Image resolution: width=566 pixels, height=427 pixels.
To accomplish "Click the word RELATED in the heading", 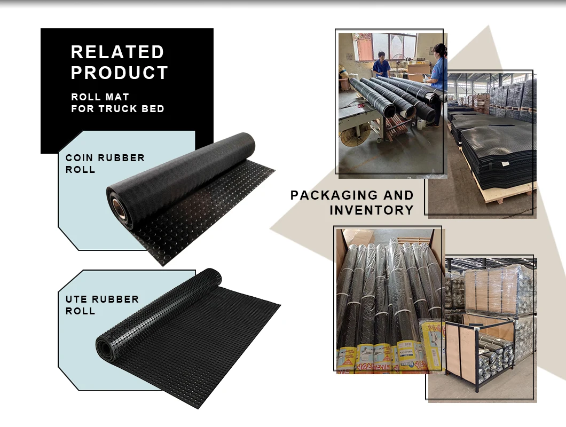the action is [117, 52].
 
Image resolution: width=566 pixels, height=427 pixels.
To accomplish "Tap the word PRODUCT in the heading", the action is [120, 73].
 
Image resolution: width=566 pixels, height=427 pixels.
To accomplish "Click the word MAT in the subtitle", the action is [118, 97].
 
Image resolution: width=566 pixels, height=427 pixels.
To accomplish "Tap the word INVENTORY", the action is [372, 210].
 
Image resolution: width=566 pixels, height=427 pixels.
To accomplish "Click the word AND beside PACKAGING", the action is [397, 195].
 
